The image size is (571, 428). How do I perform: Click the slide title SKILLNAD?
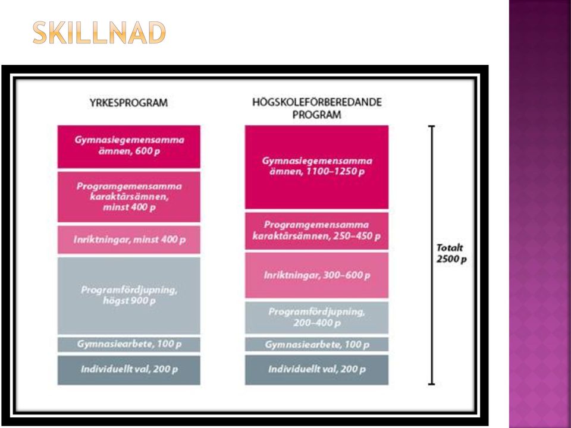(x=99, y=33)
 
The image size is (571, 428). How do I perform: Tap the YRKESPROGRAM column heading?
(x=128, y=103)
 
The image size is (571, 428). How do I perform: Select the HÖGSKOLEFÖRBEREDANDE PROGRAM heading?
(x=317, y=108)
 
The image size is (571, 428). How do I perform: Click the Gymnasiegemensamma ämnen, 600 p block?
(x=129, y=147)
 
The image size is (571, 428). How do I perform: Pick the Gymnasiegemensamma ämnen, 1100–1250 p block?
(x=317, y=167)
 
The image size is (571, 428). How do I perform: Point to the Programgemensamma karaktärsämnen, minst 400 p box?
(x=129, y=197)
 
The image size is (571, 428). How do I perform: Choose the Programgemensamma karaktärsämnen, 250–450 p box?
(x=317, y=231)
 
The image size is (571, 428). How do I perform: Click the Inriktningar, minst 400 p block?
(x=129, y=240)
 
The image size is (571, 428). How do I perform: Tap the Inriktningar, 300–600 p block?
(x=317, y=275)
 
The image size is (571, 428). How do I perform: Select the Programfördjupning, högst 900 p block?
(x=129, y=295)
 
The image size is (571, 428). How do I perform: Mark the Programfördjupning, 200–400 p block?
(x=317, y=317)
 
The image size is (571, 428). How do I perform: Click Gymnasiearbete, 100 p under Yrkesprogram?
(x=129, y=345)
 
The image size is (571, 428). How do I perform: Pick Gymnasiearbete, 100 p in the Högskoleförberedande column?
(x=317, y=344)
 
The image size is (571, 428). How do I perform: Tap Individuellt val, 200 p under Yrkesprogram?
(x=129, y=370)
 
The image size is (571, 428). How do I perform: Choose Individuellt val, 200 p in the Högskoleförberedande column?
(x=317, y=370)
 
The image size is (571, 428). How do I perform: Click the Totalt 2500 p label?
(x=451, y=254)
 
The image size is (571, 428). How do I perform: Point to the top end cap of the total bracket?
(x=432, y=126)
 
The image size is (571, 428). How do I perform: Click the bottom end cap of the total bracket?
(x=432, y=383)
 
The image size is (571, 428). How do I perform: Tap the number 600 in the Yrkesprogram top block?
(x=143, y=151)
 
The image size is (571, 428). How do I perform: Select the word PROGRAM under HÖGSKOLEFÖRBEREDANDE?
(x=317, y=115)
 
